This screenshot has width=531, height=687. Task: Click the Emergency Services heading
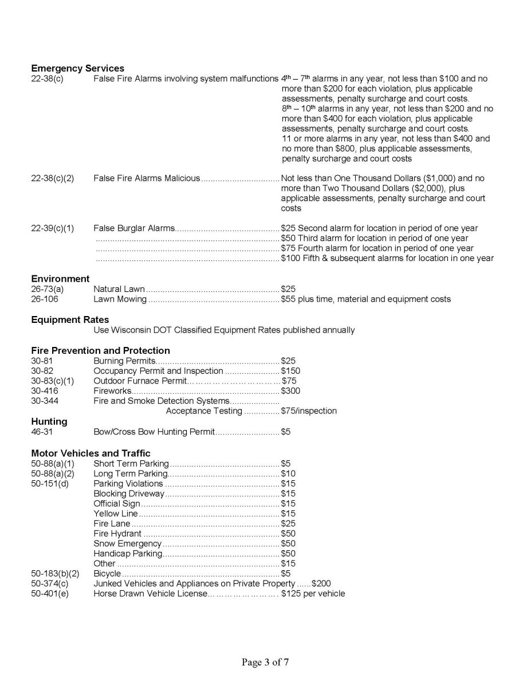77,69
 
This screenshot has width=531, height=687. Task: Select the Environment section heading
60,279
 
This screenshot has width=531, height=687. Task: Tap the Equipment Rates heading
70,319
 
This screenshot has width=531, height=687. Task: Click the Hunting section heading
49,421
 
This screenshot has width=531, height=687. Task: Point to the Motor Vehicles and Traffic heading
91,453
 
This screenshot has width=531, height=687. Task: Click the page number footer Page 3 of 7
265,662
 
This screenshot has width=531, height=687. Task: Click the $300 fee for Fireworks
290,391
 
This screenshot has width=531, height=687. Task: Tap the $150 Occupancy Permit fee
290,371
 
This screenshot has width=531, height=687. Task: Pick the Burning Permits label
124,361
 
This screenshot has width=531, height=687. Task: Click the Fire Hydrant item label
117,534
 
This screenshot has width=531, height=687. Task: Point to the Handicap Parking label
128,554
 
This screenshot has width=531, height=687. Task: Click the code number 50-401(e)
50,594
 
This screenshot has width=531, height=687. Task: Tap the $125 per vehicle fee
313,594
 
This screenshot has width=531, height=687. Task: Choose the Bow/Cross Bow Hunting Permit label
154,432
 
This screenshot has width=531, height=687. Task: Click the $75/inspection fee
309,411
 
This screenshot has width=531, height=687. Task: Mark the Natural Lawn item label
119,289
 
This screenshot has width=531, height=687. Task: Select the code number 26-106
45,299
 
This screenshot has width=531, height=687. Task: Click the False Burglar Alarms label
133,228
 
